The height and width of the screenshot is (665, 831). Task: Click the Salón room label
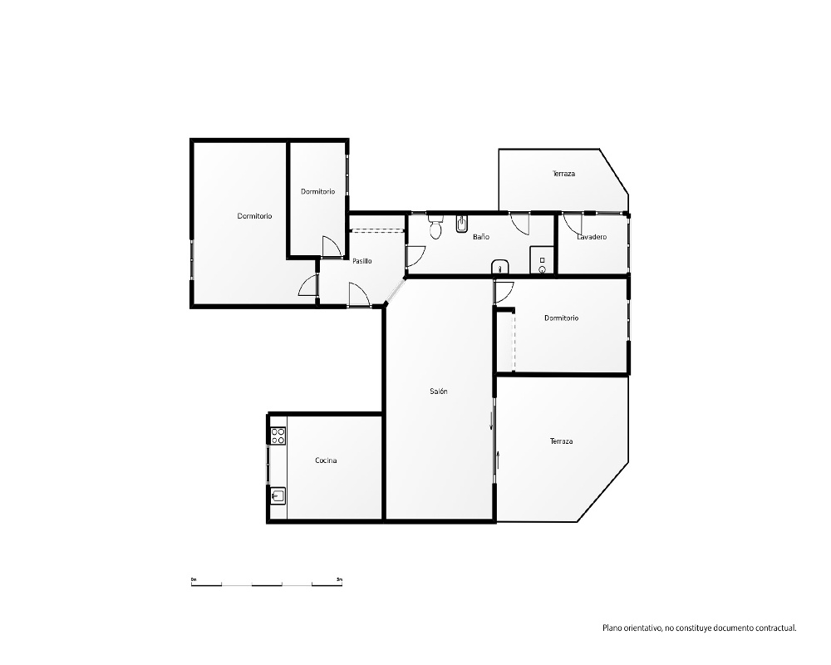438,392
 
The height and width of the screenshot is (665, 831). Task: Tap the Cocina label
326,461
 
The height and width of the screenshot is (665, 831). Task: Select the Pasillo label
362,261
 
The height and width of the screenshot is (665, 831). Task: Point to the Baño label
481,237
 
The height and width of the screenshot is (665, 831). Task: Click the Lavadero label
592,237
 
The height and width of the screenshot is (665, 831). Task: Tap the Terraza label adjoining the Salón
561,441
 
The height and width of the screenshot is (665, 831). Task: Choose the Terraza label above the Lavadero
563,174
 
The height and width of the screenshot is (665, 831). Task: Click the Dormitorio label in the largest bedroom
254,216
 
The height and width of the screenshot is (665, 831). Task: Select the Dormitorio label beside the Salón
561,318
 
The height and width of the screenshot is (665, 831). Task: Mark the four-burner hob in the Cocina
278,436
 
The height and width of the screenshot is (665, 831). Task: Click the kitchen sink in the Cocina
278,496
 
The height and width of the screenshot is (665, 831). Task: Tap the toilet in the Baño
435,227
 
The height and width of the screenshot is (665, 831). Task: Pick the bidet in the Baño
461,224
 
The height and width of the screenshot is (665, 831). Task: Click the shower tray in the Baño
542,260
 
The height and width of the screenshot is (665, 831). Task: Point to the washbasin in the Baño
499,266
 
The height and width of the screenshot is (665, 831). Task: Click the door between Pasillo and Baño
415,256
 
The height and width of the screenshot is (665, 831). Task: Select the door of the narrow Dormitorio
332,247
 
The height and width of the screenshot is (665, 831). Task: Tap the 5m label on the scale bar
339,579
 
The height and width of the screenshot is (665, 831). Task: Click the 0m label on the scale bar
194,579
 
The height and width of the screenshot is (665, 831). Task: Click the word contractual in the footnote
778,628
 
